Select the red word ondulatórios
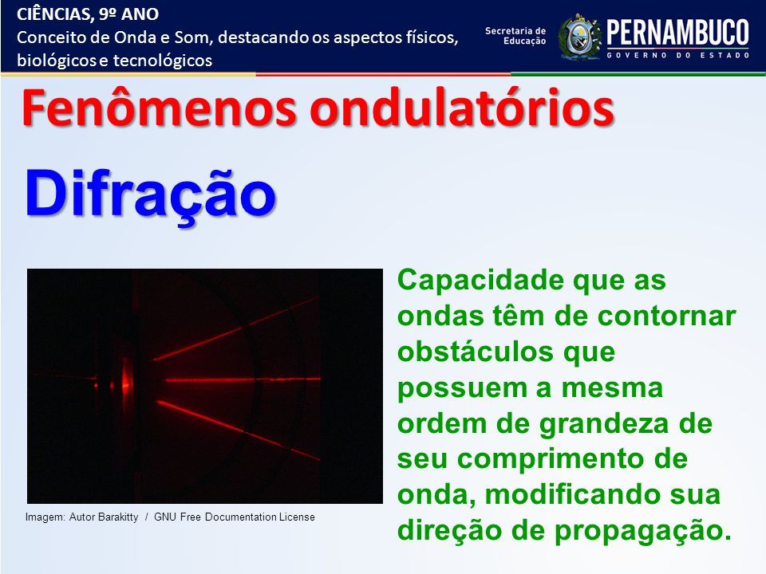point(462,108)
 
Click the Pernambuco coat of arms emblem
point(579,37)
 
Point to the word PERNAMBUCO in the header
point(677,33)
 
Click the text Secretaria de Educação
point(515,36)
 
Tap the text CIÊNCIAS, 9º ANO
point(88,14)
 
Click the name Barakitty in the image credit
point(118,517)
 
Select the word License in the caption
point(297,517)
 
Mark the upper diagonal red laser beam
point(236,329)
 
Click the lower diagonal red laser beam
point(238,431)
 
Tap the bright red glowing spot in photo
point(126,379)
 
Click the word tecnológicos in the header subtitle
point(163,61)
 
